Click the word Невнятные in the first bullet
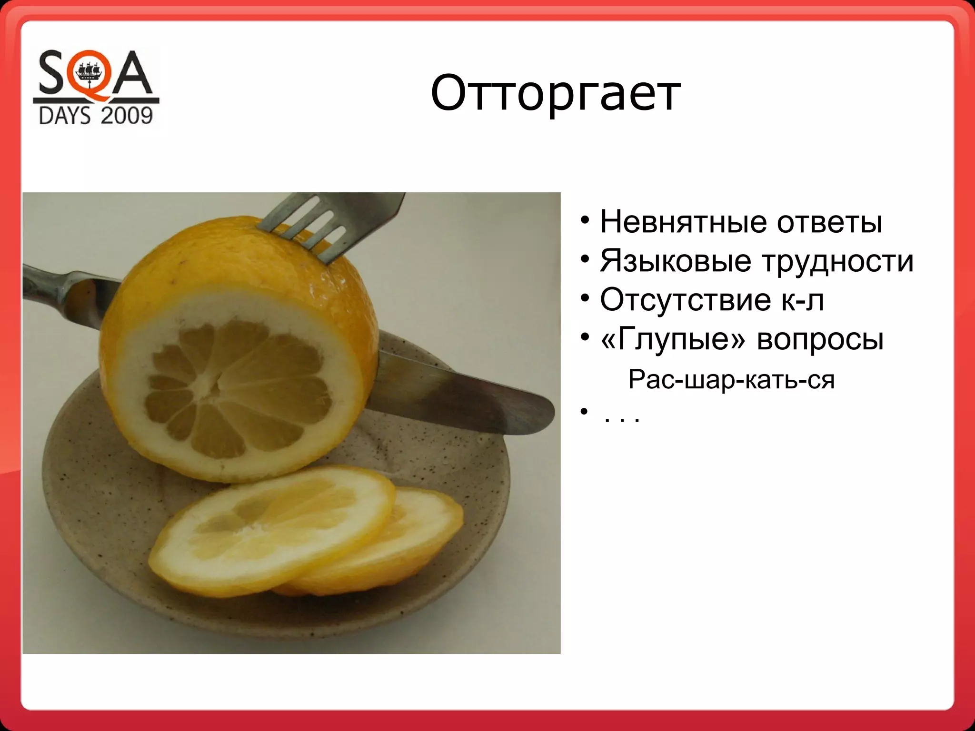[684, 222]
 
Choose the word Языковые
[676, 261]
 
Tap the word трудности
[837, 261]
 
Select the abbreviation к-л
[802, 300]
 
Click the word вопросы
[820, 339]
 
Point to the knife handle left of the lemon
[62, 288]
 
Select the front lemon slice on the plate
[271, 528]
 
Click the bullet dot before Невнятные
[585, 221]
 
